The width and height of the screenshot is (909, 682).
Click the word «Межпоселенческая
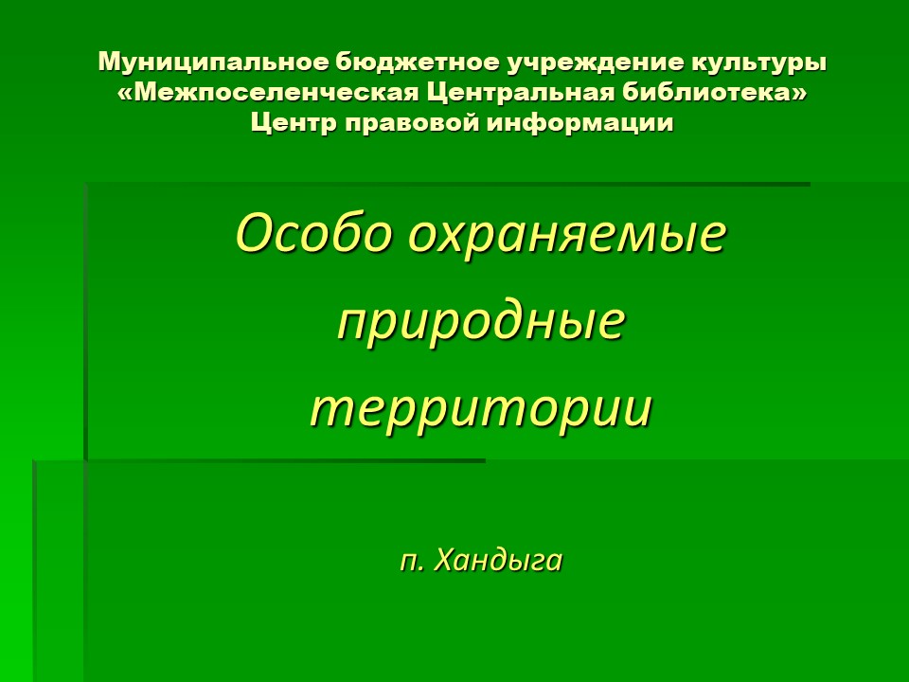click(268, 93)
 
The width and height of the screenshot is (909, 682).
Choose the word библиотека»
click(714, 92)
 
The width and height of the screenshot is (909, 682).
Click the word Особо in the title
click(312, 233)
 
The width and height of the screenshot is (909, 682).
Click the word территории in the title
click(481, 408)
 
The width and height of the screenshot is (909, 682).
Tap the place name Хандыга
click(498, 560)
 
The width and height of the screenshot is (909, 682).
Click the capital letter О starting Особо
click(255, 233)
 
